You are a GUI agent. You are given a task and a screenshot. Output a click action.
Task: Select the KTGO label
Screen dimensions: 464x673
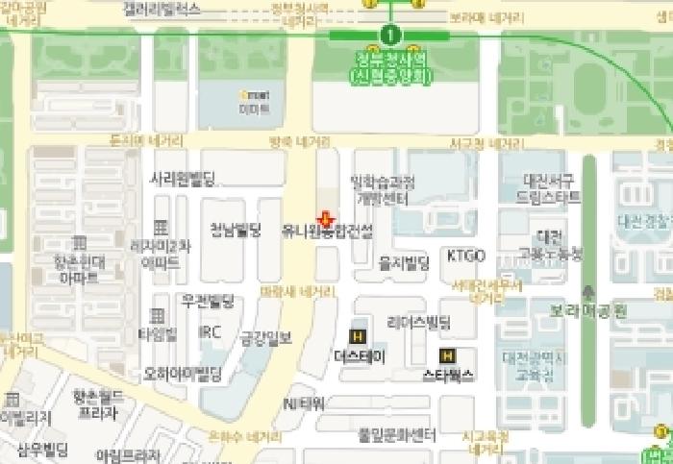465,256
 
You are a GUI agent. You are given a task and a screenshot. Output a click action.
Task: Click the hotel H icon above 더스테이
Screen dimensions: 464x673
358,336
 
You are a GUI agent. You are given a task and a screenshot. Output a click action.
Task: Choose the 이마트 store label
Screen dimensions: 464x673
254,109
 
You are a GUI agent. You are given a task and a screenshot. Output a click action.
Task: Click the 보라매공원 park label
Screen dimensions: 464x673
588,310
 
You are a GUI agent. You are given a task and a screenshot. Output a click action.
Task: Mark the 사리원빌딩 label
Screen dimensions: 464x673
183,178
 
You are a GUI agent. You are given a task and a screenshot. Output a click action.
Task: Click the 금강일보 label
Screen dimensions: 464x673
265,337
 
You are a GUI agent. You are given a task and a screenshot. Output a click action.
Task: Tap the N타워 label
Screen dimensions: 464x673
304,403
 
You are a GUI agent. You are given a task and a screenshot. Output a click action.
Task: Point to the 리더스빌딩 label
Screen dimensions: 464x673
418,320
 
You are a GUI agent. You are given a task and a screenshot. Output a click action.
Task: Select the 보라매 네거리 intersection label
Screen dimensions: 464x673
486,17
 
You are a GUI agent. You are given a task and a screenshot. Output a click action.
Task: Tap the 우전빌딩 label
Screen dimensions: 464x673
208,301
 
